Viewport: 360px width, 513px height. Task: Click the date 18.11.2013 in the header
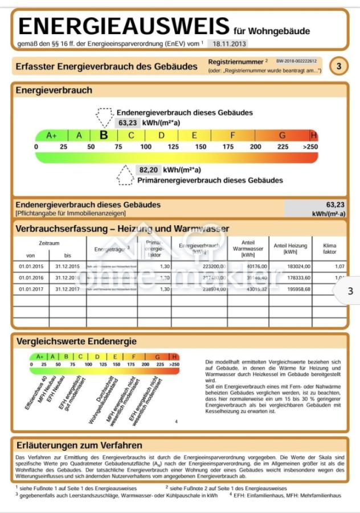tap(227, 43)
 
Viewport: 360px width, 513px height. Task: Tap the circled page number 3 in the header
tap(338, 66)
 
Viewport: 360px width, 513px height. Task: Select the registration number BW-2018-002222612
tap(296, 60)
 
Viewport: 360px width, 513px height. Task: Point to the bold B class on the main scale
tap(104, 135)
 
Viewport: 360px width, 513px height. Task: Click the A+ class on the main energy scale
tap(51, 135)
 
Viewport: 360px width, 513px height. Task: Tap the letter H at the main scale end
tap(313, 135)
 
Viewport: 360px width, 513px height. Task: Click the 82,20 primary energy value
tap(148, 170)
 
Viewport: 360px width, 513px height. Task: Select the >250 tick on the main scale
tap(310, 147)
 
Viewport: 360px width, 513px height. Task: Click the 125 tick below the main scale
tap(173, 147)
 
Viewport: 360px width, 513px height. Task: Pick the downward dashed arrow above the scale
tap(105, 117)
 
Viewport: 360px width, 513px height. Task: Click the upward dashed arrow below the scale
tap(125, 175)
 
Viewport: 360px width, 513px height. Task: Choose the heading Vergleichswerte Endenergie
tap(76, 341)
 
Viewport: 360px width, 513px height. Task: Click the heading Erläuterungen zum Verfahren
tap(79, 445)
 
